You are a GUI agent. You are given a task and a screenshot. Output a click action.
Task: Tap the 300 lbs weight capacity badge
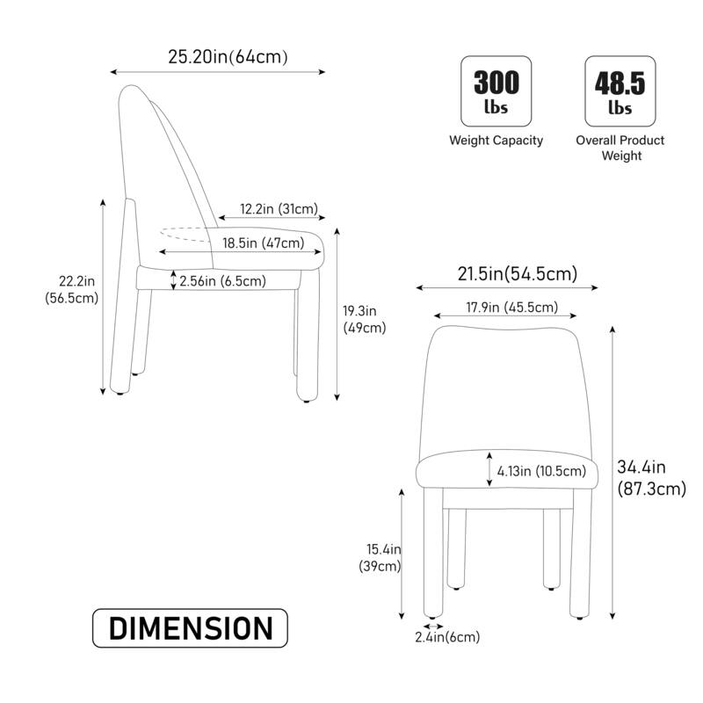[x=496, y=91]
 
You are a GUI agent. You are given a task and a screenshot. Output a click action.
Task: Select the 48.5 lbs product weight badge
[x=620, y=91]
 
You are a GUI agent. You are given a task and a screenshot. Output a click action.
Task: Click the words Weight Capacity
[x=496, y=141]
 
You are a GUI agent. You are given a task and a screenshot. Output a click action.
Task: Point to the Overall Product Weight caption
[x=620, y=148]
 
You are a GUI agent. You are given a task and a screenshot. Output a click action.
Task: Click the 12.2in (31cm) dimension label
[x=279, y=210]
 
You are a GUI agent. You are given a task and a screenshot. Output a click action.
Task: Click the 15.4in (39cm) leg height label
[x=384, y=557]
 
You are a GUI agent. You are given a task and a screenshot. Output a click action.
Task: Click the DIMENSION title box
[x=190, y=629]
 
